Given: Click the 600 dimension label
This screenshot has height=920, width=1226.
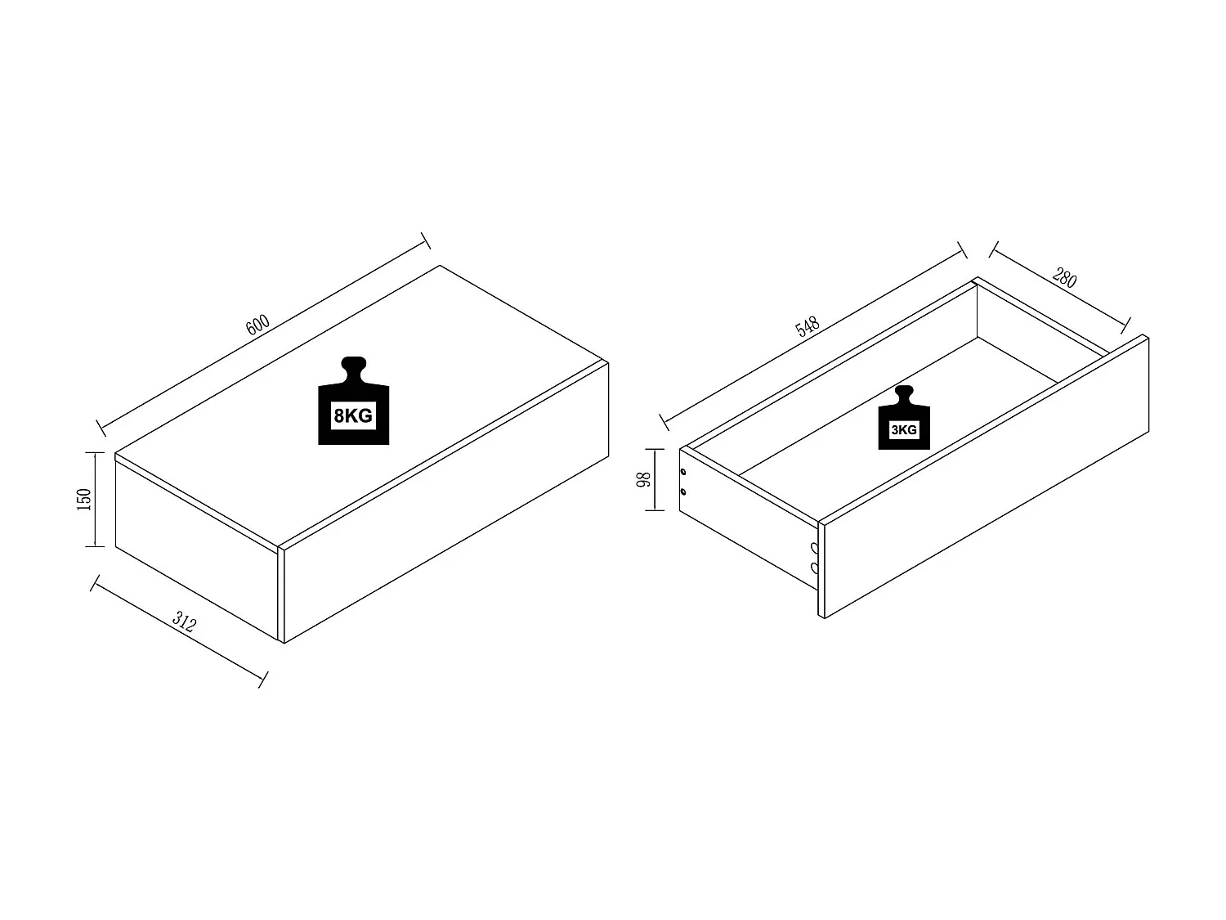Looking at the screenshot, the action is (x=257, y=325).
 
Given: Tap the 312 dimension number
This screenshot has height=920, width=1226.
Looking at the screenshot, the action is (x=185, y=622).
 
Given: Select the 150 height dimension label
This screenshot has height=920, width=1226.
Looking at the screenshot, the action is (x=84, y=500).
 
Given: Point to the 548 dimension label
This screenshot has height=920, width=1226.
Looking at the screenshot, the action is (x=808, y=327).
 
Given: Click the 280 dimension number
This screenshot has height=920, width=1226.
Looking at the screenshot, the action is (x=1064, y=277).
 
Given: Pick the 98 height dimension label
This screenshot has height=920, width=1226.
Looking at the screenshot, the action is (x=643, y=479).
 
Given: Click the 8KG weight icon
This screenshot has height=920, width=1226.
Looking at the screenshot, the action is (x=354, y=401).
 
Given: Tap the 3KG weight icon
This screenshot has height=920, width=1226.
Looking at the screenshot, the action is (x=904, y=417).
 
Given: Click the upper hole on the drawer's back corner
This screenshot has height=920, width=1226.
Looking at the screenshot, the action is (x=683, y=472).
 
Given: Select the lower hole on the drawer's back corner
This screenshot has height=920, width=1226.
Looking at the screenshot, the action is (x=683, y=492).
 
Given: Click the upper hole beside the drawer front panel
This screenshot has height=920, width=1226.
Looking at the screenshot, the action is (x=814, y=548).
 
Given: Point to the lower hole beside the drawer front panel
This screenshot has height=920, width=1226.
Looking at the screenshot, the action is (x=814, y=568).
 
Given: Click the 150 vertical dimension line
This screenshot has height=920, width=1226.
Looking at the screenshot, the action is (x=96, y=500).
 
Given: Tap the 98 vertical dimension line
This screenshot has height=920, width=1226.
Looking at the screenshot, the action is (x=656, y=480).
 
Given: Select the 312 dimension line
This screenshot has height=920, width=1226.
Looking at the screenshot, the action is (x=179, y=631).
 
